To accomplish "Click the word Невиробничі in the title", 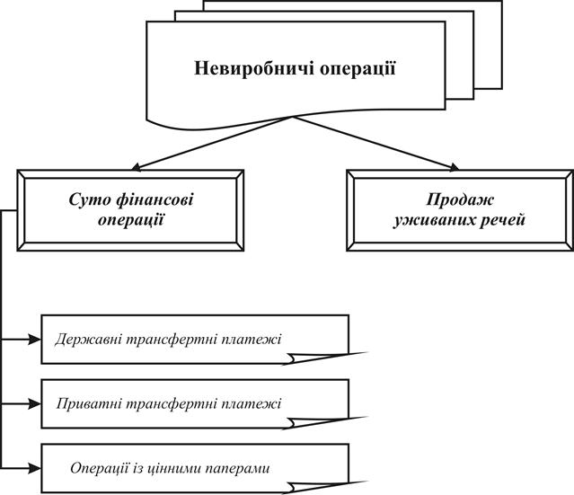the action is click(x=253, y=68).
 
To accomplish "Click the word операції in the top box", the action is click(x=358, y=69).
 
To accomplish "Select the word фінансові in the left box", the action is click(x=155, y=200).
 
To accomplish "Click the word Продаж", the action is click(x=460, y=200).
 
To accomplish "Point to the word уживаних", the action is click(x=430, y=221).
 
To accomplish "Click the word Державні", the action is click(x=88, y=340).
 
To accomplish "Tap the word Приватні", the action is click(x=89, y=404).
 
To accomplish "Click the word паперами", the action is click(x=237, y=469).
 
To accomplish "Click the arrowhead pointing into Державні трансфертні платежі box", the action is click(x=34, y=340).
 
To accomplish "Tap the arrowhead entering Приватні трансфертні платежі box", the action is click(x=34, y=404).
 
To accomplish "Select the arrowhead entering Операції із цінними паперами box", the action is click(x=34, y=468).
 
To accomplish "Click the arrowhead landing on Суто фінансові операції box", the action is click(x=137, y=167).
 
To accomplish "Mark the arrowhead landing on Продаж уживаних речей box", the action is click(x=453, y=167).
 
